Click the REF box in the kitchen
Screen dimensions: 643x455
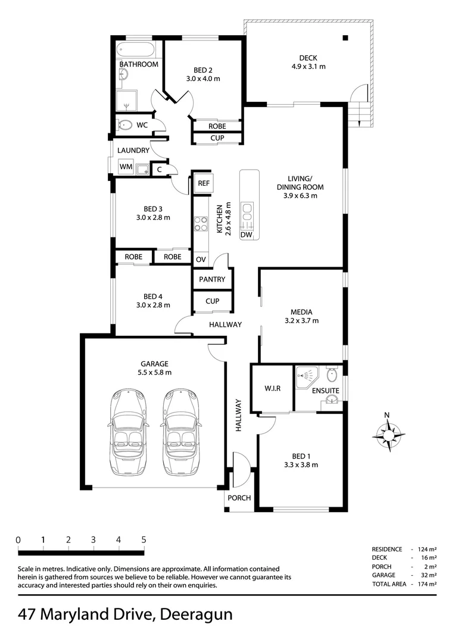coord(203,184)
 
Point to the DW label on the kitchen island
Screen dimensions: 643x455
coord(247,235)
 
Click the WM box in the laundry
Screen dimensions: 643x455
coord(126,168)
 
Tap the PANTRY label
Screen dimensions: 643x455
coord(212,279)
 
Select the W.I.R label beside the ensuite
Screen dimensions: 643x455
coord(272,389)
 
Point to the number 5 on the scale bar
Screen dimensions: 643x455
coord(144,540)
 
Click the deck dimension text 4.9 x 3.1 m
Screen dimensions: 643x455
coord(308,67)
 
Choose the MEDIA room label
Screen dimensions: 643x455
coord(301,311)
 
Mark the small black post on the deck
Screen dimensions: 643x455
coord(345,38)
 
